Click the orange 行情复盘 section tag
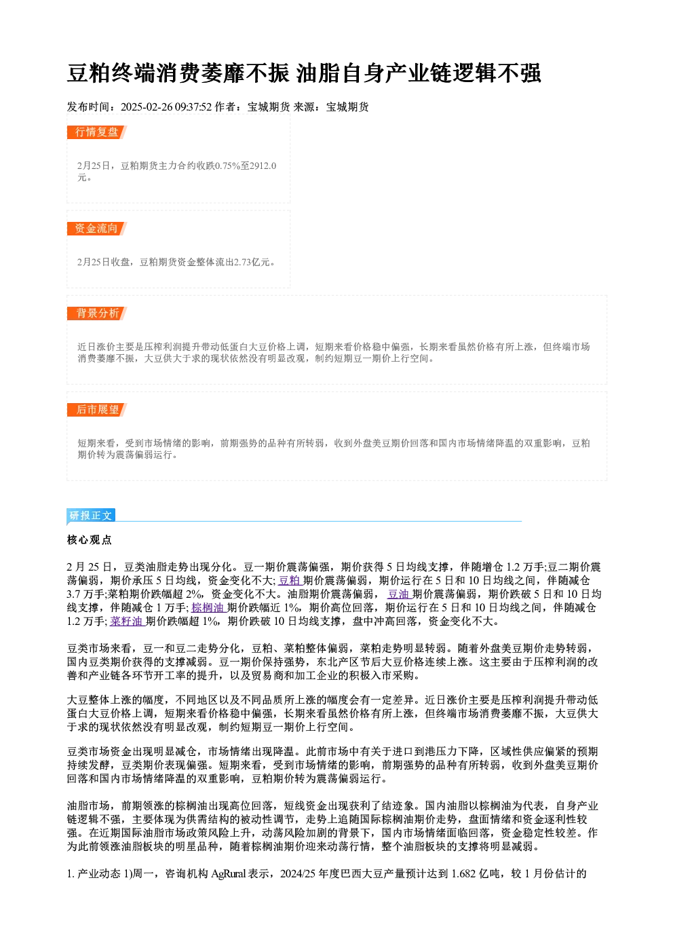click(97, 132)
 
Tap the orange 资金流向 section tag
click(97, 229)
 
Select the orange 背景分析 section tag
click(97, 313)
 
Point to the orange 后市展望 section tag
click(97, 410)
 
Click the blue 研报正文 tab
click(91, 516)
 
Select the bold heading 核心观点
click(90, 539)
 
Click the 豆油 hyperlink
click(399, 594)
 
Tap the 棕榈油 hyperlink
click(208, 608)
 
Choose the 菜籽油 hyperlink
click(127, 622)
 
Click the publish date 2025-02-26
click(147, 107)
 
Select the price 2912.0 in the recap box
click(263, 166)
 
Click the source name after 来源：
click(347, 107)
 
